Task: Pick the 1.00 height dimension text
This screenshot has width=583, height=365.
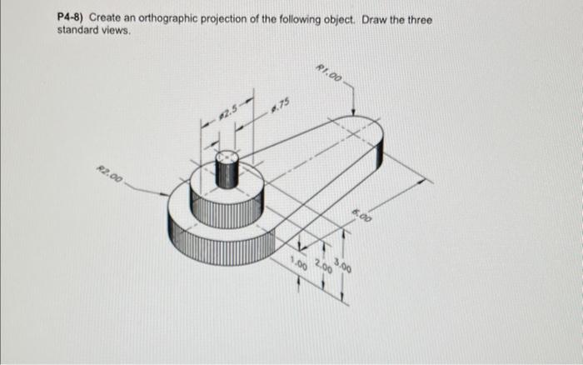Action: pos(297,265)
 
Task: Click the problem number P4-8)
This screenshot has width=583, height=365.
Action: pos(71,17)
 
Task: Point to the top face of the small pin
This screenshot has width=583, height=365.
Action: pos(227,157)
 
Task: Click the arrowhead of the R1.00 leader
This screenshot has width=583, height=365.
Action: pos(356,112)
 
